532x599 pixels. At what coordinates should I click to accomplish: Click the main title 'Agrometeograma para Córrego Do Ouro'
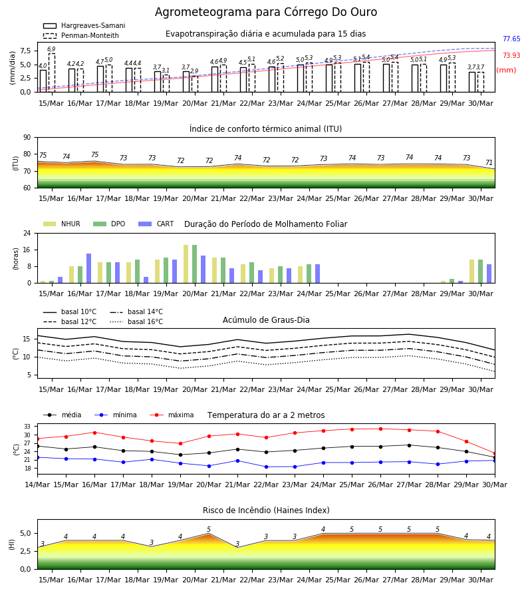click(x=266, y=12)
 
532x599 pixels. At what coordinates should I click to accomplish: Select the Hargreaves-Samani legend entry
click(x=84, y=25)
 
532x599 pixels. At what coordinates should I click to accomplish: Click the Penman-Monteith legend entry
click(x=81, y=35)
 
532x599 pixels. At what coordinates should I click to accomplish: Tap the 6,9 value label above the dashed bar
click(x=51, y=49)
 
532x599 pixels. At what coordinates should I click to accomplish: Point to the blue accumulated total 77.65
click(x=511, y=39)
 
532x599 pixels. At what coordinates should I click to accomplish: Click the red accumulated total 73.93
click(x=511, y=55)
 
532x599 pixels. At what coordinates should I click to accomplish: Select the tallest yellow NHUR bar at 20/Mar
click(x=186, y=264)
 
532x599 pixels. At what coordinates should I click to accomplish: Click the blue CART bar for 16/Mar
click(x=88, y=268)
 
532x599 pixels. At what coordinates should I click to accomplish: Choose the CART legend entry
click(x=156, y=224)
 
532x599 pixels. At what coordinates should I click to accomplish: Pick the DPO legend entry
click(x=109, y=224)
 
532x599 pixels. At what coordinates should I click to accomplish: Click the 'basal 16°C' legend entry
click(x=136, y=321)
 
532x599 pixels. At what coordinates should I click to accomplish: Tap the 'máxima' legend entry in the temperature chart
click(x=172, y=415)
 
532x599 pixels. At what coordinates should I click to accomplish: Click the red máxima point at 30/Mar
click(x=495, y=453)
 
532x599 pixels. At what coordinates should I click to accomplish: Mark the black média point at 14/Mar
click(x=37, y=446)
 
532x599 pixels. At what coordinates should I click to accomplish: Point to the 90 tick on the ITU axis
click(x=27, y=138)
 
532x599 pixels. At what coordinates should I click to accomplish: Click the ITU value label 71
click(x=489, y=163)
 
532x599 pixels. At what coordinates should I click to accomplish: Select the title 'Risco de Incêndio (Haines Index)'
click(x=266, y=510)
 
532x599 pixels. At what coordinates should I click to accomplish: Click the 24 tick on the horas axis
click(x=27, y=233)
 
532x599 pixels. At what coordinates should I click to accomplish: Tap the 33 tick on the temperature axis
click(x=27, y=427)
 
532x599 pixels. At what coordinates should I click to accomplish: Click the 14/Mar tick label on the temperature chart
click(x=37, y=485)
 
